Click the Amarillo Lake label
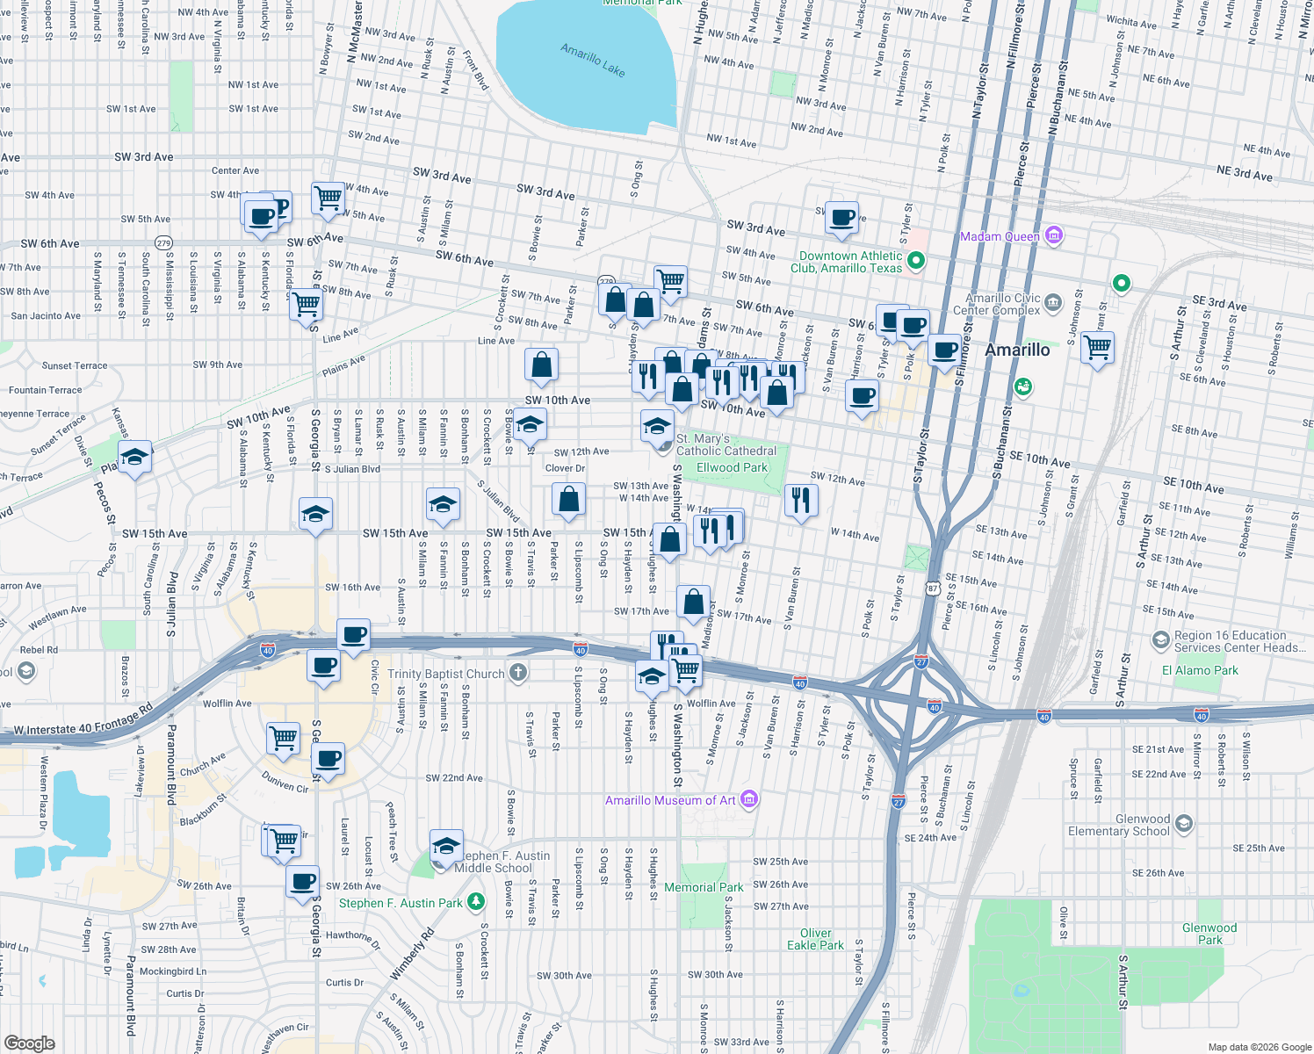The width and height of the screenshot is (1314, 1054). (x=593, y=61)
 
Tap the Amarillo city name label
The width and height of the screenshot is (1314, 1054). (x=1016, y=350)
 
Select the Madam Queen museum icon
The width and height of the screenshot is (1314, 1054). (x=1055, y=235)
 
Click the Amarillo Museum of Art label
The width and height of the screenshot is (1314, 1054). (x=670, y=800)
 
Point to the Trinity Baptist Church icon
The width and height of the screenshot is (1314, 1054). (x=518, y=674)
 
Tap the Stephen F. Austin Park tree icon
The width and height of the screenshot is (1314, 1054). (x=475, y=902)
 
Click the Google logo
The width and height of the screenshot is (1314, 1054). (x=29, y=1043)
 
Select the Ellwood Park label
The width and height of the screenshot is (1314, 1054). (x=732, y=467)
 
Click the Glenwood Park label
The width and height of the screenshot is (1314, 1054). (x=1209, y=934)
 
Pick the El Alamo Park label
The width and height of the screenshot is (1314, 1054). (x=1200, y=670)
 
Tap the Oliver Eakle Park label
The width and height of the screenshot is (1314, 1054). (x=815, y=939)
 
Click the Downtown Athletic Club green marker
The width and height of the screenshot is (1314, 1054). (x=916, y=260)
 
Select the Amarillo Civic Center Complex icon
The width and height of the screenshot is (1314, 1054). (x=1053, y=304)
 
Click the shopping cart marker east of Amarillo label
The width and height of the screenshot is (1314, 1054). (x=1097, y=347)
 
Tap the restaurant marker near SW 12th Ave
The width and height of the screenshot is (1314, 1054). (x=800, y=501)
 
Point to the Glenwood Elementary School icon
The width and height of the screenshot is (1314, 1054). (x=1184, y=823)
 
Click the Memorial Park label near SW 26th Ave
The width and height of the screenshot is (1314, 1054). (x=703, y=887)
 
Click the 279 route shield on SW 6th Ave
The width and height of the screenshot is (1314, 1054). (x=163, y=242)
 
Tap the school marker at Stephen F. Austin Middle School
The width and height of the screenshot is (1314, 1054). (x=446, y=847)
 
